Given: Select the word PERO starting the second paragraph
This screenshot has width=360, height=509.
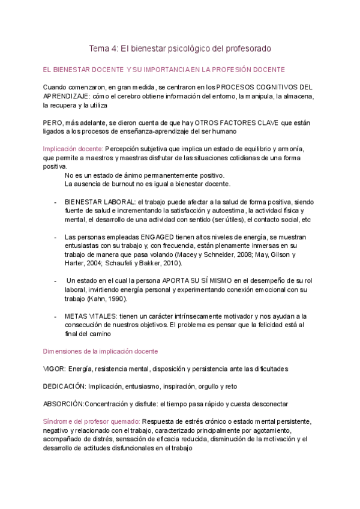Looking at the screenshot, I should click(53, 122).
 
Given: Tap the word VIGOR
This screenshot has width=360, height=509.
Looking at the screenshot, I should click(54, 369).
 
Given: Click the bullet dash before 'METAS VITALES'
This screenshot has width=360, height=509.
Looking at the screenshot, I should click(55, 316).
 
